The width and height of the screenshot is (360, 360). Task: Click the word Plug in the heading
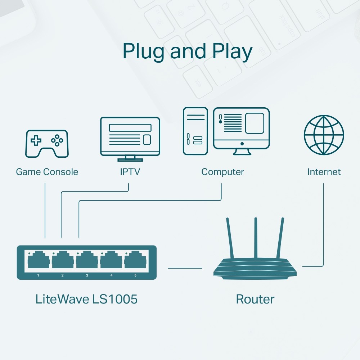tap(143, 51)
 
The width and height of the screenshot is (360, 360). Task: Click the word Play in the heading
tap(232, 51)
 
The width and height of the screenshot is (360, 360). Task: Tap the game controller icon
tap(46, 144)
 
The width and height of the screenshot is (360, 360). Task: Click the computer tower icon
tap(195, 131)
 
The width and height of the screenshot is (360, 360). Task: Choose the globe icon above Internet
tap(324, 135)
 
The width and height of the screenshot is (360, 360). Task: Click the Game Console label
tap(47, 172)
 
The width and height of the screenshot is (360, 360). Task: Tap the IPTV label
tap(130, 172)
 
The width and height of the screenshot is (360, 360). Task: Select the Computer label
tap(222, 172)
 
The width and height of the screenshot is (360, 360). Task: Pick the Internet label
tap(324, 172)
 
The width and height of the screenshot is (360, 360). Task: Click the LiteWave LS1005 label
tap(86, 299)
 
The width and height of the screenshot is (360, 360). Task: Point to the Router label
tap(255, 299)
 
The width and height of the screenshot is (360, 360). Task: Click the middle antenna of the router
tap(256, 238)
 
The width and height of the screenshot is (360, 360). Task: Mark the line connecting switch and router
tap(185, 268)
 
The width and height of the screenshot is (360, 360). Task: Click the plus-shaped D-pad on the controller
tap(36, 140)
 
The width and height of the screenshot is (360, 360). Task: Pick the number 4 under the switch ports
tap(111, 275)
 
